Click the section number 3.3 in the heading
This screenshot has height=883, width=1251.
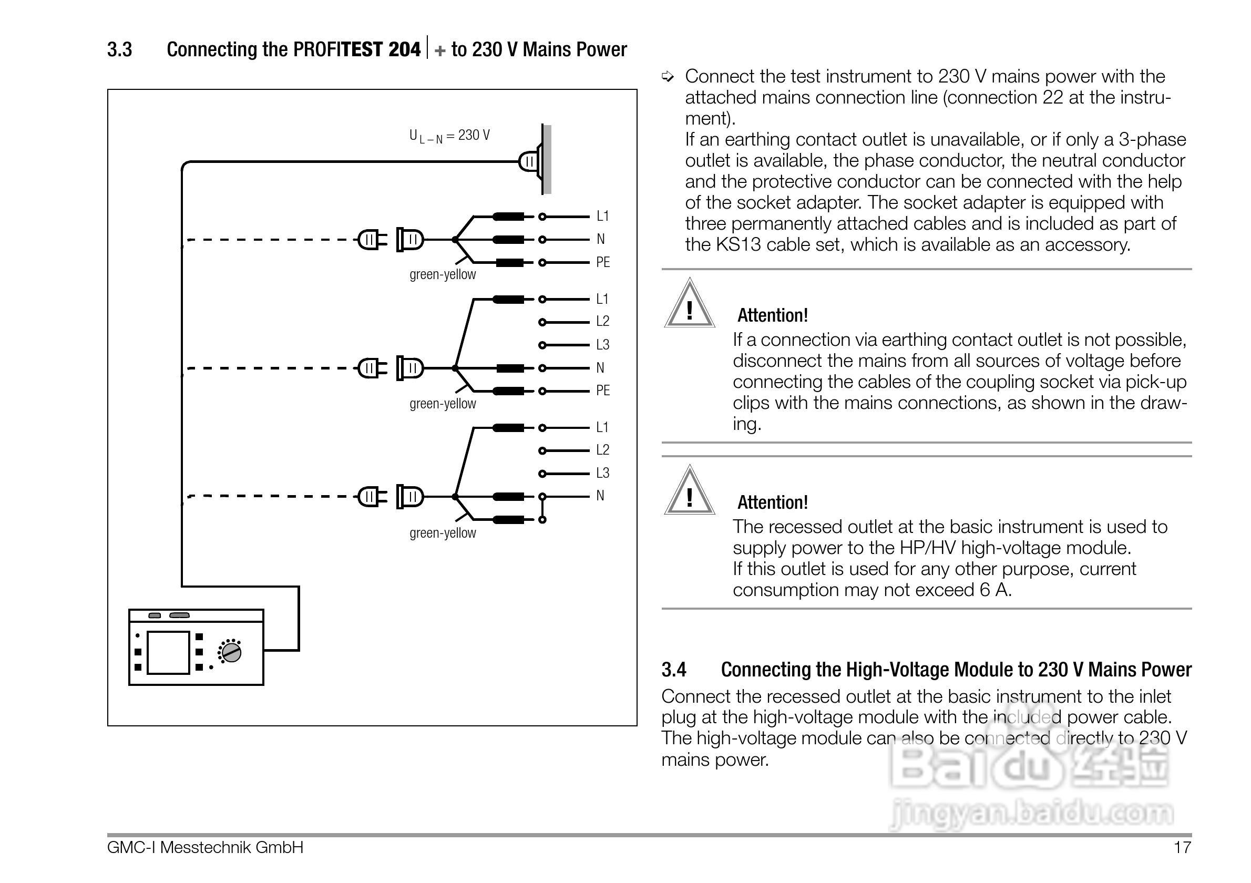pos(119,49)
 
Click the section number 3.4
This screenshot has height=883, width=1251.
pos(673,670)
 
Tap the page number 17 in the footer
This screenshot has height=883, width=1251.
pos(1182,848)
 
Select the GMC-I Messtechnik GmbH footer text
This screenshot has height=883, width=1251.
pos(205,848)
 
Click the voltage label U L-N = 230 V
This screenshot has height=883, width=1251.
pos(449,136)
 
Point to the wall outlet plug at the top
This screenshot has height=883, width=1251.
pos(529,161)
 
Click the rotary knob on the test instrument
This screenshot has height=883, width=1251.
pos(232,652)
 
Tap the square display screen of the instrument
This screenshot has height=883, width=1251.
pos(168,653)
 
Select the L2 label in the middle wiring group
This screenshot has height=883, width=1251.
pos(602,321)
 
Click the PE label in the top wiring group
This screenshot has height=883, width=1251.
pos(602,262)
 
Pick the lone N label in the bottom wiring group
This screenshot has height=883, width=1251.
pos(600,496)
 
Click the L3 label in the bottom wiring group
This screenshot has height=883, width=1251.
pos(602,473)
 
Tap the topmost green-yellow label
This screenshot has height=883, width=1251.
pos(443,274)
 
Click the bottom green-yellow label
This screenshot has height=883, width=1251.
pos(443,533)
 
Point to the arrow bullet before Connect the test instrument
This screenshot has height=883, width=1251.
pos(668,77)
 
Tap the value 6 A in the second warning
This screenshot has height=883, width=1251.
pos(995,590)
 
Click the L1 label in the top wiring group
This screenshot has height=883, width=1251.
pos(602,216)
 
